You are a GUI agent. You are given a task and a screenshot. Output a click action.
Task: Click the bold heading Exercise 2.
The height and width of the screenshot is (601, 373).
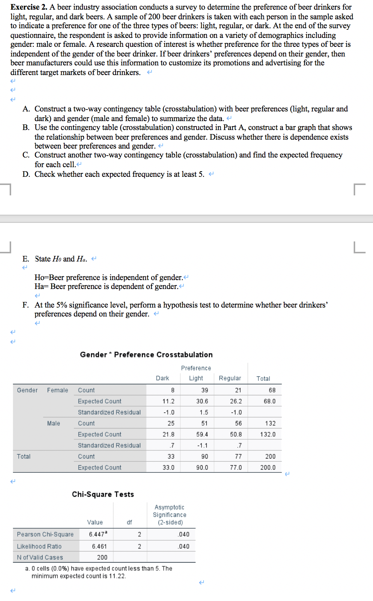(29, 7)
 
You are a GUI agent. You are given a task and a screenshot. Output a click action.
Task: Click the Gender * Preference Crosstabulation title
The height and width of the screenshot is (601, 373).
(146, 355)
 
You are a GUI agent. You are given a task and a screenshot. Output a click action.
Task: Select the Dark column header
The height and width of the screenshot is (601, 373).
(162, 378)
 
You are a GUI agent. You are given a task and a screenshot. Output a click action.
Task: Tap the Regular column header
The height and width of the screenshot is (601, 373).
(230, 378)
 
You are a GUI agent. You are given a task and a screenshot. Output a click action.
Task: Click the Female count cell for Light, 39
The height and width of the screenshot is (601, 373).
(204, 390)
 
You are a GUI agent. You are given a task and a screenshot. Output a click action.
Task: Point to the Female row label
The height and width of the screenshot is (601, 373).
(57, 390)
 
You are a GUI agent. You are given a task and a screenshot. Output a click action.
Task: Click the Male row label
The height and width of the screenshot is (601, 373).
(53, 423)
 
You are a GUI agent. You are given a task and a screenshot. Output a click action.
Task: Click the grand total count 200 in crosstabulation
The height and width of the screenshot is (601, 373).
(270, 457)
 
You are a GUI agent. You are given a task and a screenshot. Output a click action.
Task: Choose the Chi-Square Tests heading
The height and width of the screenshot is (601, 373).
(103, 494)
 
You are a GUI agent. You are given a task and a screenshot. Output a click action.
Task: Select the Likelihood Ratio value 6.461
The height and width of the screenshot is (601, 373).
(99, 546)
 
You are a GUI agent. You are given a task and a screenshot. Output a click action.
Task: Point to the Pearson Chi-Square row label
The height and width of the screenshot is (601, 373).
(45, 535)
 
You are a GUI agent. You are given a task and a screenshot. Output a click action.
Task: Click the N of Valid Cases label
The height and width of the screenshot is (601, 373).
(40, 558)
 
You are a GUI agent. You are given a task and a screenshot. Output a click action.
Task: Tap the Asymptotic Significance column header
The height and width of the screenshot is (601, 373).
(170, 515)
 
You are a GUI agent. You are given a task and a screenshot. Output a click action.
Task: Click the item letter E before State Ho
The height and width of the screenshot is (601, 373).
(25, 259)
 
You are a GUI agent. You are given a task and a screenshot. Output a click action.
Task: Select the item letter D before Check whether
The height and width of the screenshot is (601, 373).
(26, 174)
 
